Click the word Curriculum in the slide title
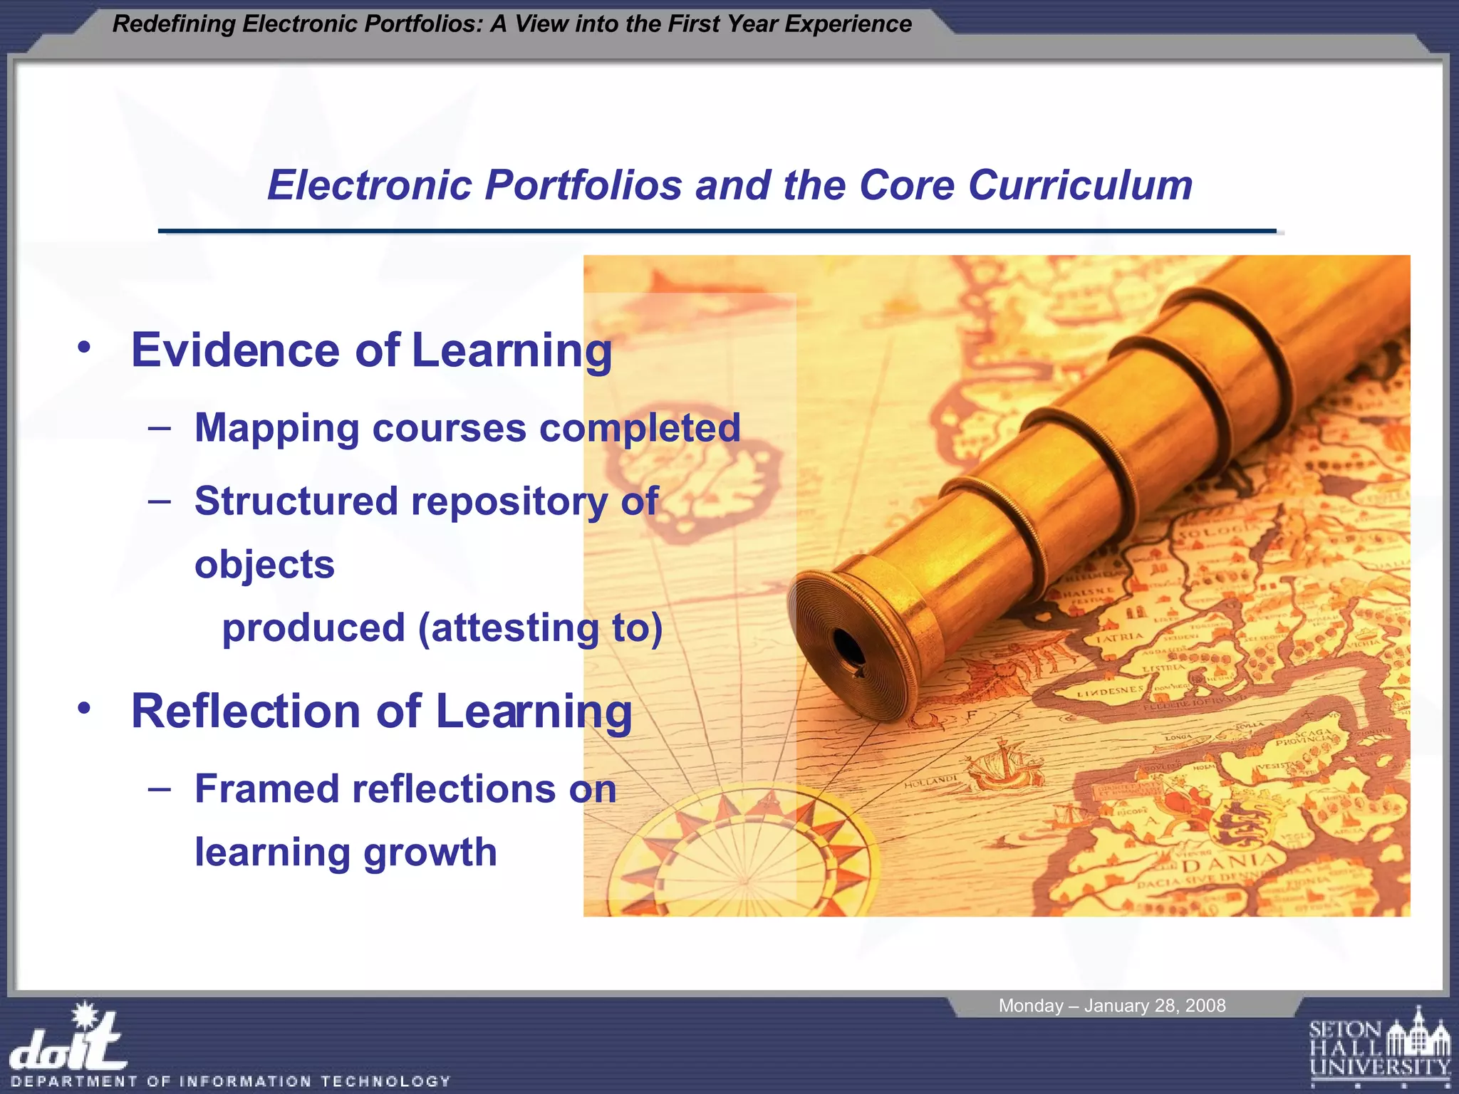tap(1080, 186)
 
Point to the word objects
tap(264, 565)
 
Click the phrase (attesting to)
tap(540, 628)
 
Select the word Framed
tap(266, 789)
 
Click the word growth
tap(430, 853)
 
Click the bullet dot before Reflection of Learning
tap(85, 709)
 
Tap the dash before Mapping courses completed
tap(160, 428)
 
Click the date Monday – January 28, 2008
tap(1111, 1006)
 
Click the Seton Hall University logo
tap(1379, 1046)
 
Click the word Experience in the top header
tap(848, 24)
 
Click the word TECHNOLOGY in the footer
tap(385, 1081)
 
